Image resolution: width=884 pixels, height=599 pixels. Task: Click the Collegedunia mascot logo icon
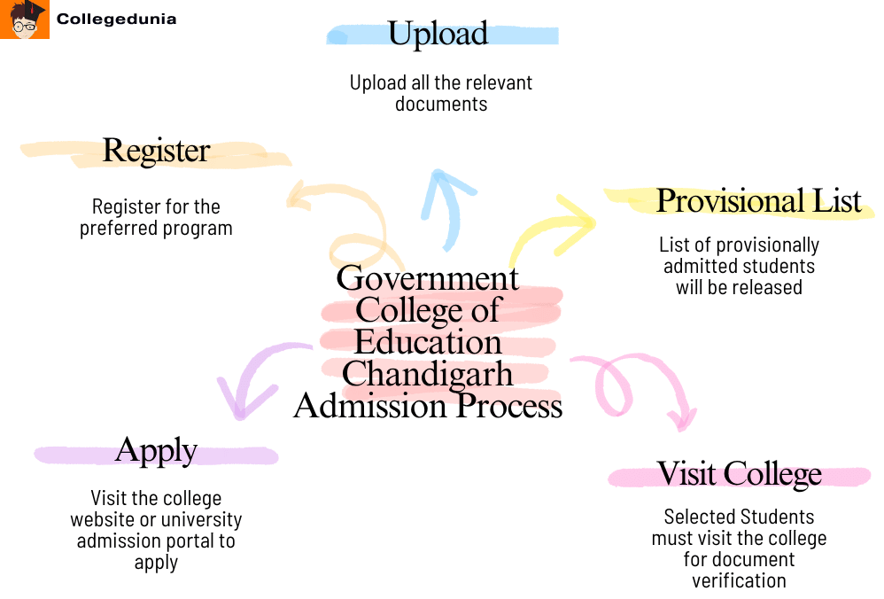[25, 19]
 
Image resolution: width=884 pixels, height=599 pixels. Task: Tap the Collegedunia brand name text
[116, 19]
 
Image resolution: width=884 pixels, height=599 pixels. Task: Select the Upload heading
[438, 34]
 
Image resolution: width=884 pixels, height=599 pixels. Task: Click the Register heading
[156, 151]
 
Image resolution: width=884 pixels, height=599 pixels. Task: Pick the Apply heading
[156, 450]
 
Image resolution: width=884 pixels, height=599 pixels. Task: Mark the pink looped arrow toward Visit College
[633, 385]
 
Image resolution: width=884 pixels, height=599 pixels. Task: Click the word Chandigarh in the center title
[428, 374]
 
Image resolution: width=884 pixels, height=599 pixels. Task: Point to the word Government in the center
[428, 278]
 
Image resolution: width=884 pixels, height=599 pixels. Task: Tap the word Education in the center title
[428, 342]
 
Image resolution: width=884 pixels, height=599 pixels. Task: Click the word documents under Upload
[441, 104]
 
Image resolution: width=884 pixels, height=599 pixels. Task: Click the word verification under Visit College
[739, 581]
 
